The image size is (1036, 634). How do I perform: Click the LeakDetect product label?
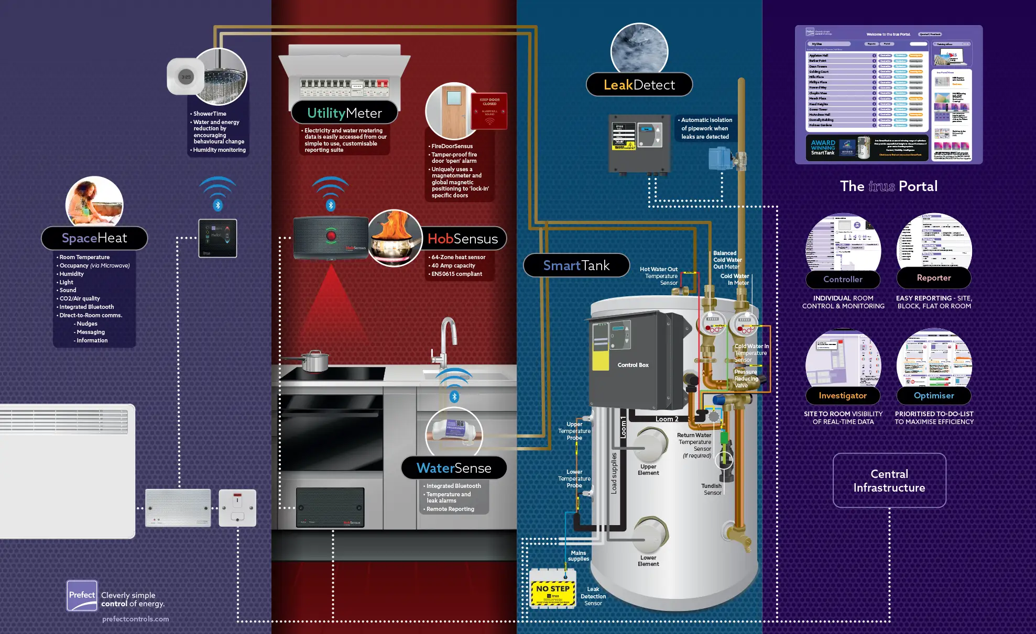[x=639, y=85]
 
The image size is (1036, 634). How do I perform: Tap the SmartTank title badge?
[x=576, y=265]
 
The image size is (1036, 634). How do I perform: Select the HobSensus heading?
[x=463, y=239]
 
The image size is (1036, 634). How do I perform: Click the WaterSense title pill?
[x=454, y=468]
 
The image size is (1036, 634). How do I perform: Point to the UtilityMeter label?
[x=344, y=113]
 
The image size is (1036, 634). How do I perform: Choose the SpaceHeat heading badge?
[x=94, y=238]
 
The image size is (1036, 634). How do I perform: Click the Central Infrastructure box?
[x=889, y=481]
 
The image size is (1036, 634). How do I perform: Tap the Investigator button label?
[x=843, y=396]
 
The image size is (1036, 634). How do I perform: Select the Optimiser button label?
[x=934, y=396]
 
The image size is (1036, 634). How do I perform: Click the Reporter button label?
[x=934, y=278]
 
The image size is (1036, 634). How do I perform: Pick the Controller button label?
[x=843, y=280]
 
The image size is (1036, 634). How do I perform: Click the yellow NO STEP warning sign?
[x=553, y=593]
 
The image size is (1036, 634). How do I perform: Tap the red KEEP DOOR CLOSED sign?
[x=489, y=111]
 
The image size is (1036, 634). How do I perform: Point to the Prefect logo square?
[x=82, y=596]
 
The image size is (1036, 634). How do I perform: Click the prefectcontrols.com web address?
[x=135, y=619]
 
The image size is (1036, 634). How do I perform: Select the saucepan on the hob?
[x=313, y=361]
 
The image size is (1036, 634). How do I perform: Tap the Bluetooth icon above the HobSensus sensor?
[x=331, y=205]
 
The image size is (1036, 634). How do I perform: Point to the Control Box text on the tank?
[x=633, y=365]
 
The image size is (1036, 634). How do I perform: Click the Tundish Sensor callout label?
[x=712, y=490]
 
